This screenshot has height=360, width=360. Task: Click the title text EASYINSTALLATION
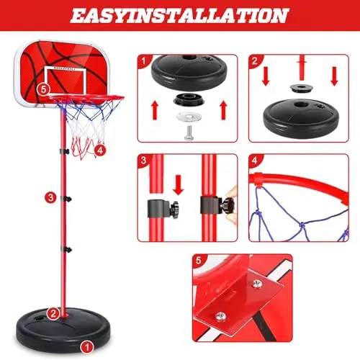tap(179, 15)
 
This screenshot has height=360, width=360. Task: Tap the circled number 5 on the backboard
tap(43, 89)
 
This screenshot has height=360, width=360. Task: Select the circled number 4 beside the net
tap(100, 150)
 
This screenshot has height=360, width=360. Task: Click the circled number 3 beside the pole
tap(50, 198)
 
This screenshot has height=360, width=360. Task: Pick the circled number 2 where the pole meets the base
tap(53, 313)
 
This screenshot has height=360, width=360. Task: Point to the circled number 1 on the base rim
tap(87, 347)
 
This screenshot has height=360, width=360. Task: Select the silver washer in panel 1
tap(189, 117)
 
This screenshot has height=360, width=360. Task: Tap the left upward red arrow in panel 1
tap(155, 110)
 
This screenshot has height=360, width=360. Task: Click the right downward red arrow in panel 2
tap(334, 76)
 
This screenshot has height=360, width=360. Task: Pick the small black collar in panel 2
tap(300, 88)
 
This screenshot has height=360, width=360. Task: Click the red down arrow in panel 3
tap(178, 185)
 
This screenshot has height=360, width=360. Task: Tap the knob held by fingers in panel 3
tap(228, 205)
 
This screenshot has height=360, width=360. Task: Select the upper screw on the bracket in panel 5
tap(257, 284)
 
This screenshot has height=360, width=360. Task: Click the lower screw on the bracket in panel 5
tap(220, 316)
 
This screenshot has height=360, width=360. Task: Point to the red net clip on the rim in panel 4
tap(258, 179)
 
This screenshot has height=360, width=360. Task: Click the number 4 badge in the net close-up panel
tap(255, 161)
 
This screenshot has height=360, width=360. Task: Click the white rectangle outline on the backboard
tap(65, 80)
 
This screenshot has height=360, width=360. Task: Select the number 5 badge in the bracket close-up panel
tap(199, 261)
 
